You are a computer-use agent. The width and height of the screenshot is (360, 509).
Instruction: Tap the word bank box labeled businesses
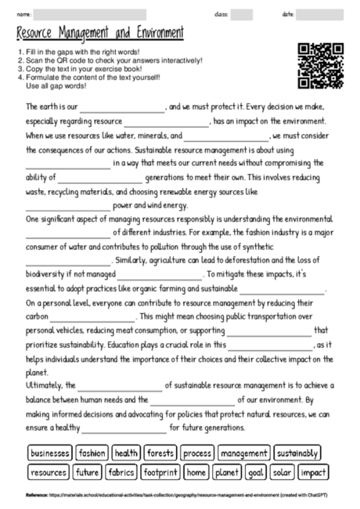pyautogui.click(x=50, y=453)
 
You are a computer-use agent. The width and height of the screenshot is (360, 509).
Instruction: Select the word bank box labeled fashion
pyautogui.click(x=92, y=453)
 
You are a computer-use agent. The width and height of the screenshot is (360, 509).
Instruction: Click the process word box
pyautogui.click(x=197, y=453)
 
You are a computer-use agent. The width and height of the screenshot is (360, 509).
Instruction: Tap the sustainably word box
pyautogui.click(x=297, y=453)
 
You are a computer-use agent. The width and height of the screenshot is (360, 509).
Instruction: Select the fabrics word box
pyautogui.click(x=121, y=472)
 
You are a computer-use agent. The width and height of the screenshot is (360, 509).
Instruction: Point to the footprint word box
pyautogui.click(x=161, y=472)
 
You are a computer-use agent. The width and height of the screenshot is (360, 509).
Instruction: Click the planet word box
pyautogui.click(x=226, y=472)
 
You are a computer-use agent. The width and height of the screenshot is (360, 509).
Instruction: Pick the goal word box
pyautogui.click(x=255, y=472)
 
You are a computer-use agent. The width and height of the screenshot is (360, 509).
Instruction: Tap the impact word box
pyautogui.click(x=313, y=472)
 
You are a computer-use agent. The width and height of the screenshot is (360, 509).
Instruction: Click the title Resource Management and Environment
pyautogui.click(x=99, y=33)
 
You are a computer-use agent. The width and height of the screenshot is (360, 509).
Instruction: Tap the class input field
pyautogui.click(x=241, y=14)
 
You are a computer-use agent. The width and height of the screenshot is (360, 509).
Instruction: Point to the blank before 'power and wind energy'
pyautogui.click(x=68, y=206)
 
